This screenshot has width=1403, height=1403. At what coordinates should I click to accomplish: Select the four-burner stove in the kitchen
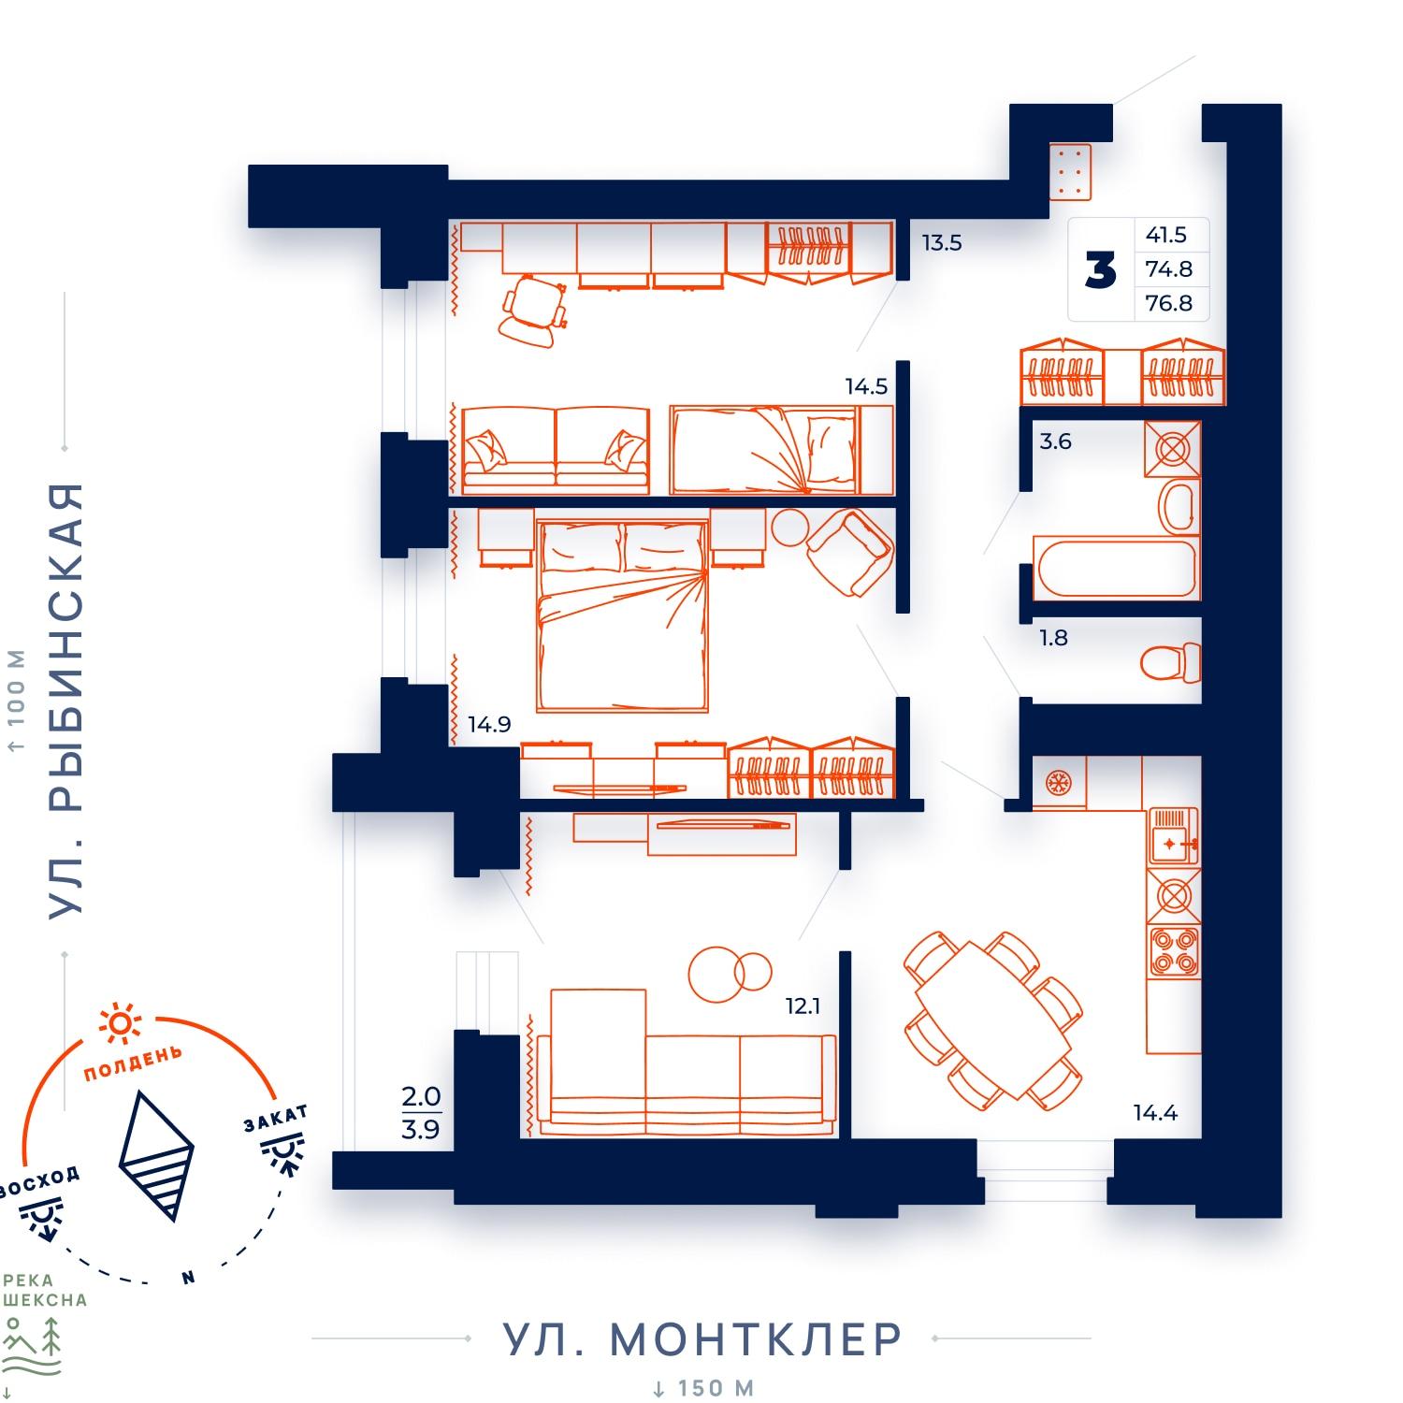point(1174,952)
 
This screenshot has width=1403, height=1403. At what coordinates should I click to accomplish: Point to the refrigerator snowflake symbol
point(1058,783)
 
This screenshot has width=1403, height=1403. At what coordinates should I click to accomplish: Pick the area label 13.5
point(941,243)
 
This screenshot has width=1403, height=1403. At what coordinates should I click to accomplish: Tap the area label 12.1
point(803,1006)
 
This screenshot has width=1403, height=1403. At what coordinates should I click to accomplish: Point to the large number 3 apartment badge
point(1101,269)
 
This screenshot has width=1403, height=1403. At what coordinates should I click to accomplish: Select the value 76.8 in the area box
point(1169,303)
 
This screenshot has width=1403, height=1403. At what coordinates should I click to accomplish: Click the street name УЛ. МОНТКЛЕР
point(702,1339)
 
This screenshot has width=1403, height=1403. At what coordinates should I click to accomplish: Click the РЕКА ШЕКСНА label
point(44,1290)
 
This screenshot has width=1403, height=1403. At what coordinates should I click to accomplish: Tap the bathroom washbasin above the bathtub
point(1177,506)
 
